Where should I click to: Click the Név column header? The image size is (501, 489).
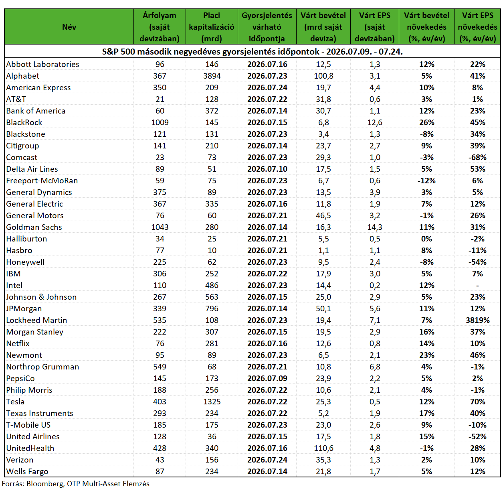click(69, 27)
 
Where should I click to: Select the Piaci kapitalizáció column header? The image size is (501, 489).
click(211, 27)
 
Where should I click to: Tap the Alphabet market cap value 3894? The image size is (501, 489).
click(212, 76)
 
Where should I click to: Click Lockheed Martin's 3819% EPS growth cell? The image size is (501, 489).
click(477, 320)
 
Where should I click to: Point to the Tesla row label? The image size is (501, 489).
click(15, 402)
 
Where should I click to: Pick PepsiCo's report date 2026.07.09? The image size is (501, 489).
click(267, 378)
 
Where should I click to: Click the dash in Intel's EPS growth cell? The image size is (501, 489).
click(477, 286)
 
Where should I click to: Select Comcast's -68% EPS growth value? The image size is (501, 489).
click(477, 157)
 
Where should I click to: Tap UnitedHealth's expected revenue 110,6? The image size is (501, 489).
click(323, 448)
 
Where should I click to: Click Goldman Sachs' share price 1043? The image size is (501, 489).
click(160, 227)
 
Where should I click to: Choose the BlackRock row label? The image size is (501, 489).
click(24, 123)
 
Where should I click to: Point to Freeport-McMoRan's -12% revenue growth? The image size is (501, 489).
click(426, 181)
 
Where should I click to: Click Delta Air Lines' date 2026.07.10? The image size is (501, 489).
click(267, 169)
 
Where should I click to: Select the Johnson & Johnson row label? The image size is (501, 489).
click(41, 297)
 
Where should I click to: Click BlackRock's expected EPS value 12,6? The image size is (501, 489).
click(375, 123)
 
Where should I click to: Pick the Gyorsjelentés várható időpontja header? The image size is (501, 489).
click(267, 27)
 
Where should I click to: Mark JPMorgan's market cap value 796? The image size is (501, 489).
click(212, 308)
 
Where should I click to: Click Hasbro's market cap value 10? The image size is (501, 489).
click(212, 250)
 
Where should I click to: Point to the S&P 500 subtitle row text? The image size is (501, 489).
click(252, 52)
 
